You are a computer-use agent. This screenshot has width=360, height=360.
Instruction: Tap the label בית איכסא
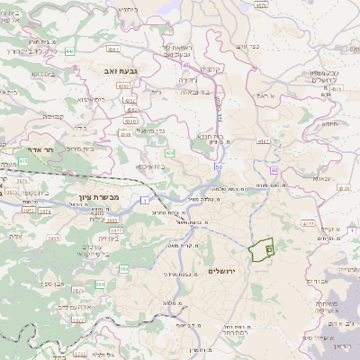[148, 166]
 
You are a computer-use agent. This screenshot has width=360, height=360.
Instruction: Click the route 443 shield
[69, 51]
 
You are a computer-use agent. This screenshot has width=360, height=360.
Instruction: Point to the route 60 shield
[273, 169]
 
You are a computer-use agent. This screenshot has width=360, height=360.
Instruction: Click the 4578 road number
[262, 4]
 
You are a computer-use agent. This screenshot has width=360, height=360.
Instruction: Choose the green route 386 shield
[99, 283]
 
